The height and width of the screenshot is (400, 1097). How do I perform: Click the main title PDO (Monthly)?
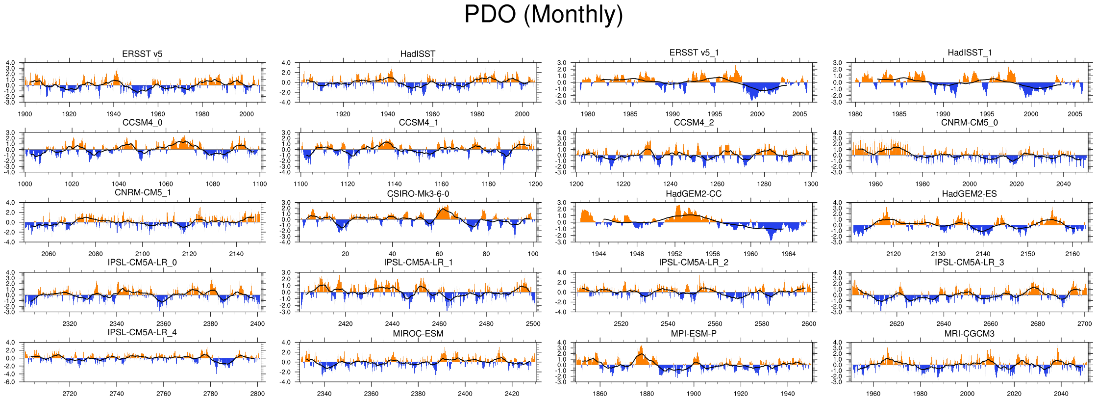click(543, 15)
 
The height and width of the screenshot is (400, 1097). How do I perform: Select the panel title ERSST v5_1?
click(694, 53)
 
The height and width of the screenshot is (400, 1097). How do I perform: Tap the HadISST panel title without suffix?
click(418, 54)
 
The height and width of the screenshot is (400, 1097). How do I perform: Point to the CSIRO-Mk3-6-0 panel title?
click(418, 194)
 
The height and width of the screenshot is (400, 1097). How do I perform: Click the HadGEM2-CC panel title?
click(694, 194)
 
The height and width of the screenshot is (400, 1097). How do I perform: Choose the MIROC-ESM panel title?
click(418, 334)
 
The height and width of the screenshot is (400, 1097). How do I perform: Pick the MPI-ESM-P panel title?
click(694, 334)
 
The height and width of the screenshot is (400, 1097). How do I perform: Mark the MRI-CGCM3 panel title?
click(969, 334)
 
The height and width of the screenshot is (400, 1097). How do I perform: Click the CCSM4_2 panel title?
click(694, 123)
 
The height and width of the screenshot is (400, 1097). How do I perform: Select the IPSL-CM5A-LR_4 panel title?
click(142, 332)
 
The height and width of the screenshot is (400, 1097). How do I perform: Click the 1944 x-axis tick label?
click(599, 254)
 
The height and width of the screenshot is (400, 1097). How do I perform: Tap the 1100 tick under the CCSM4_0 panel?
click(260, 184)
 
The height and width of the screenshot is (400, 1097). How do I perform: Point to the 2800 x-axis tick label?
click(257, 394)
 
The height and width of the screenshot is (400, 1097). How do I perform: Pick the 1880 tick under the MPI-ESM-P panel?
click(647, 394)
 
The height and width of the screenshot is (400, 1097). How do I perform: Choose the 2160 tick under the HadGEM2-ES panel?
click(1072, 254)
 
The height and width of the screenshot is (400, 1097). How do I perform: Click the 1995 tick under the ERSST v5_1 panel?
click(715, 114)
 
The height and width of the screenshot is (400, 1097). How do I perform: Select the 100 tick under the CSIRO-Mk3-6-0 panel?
click(533, 254)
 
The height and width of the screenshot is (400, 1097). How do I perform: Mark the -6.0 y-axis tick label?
click(11, 382)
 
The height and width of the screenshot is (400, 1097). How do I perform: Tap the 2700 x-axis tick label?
click(1085, 324)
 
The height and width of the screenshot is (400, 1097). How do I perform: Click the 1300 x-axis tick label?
click(811, 184)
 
